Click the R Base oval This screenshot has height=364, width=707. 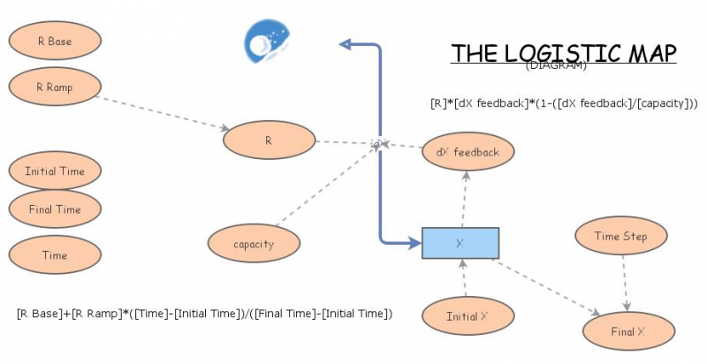pyautogui.click(x=55, y=42)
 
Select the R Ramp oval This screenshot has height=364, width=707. pyautogui.click(x=55, y=87)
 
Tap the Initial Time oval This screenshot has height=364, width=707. pyautogui.click(x=55, y=171)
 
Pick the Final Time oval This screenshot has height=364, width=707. pyautogui.click(x=55, y=209)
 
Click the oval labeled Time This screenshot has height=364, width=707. pyautogui.click(x=55, y=255)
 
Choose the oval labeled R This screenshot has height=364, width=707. pyautogui.click(x=269, y=140)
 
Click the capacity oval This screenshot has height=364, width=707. pyautogui.click(x=254, y=244)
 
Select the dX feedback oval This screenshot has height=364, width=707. pyautogui.click(x=468, y=152)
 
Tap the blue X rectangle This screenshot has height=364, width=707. pyautogui.click(x=460, y=243)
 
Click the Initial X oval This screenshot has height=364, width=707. pyautogui.click(x=468, y=316)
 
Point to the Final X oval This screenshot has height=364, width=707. pyautogui.click(x=628, y=332)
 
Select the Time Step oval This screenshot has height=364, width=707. pyautogui.click(x=620, y=237)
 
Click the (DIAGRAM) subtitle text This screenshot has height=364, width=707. pyautogui.click(x=556, y=65)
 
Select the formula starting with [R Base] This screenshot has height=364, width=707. pyautogui.click(x=204, y=314)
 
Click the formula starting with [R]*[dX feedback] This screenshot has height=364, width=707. pyautogui.click(x=564, y=102)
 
